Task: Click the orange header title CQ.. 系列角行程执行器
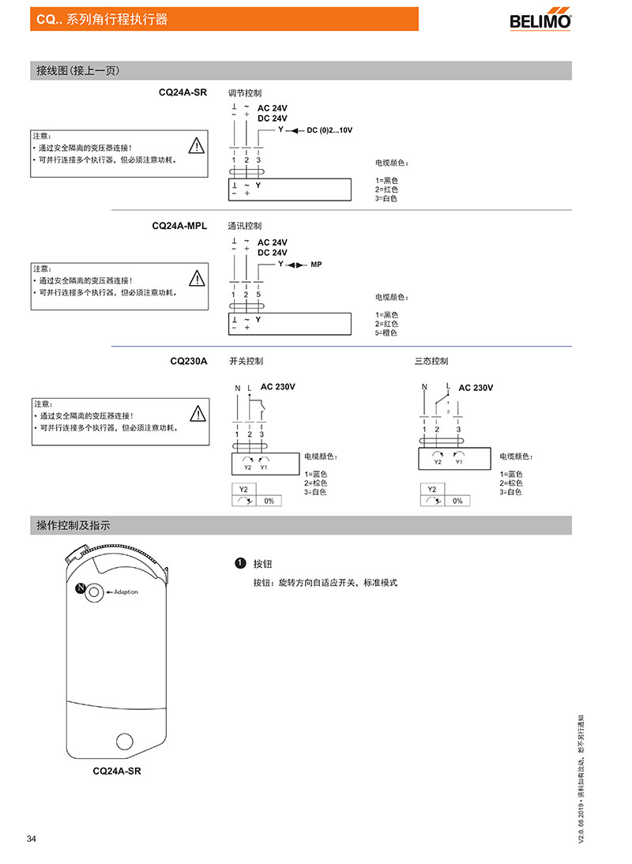[x=102, y=19]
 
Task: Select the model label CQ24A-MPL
[x=179, y=226]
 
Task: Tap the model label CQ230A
[x=189, y=362]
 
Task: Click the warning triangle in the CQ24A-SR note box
[x=197, y=145]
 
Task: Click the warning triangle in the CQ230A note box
[x=197, y=413]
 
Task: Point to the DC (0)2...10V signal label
[x=329, y=130]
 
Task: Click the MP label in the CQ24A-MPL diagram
[x=316, y=265]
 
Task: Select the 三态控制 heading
[x=431, y=362]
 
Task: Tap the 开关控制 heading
[x=246, y=362]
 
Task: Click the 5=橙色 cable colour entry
[x=386, y=332]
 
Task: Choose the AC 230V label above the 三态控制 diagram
[x=476, y=388]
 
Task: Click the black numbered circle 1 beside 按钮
[x=240, y=563]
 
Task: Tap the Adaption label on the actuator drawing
[x=126, y=592]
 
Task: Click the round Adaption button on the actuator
[x=94, y=592]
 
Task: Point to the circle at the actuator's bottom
[x=125, y=741]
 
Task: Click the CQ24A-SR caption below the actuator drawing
[x=117, y=772]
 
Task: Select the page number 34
[x=32, y=839]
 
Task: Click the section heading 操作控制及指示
[x=73, y=526]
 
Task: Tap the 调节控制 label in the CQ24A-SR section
[x=245, y=93]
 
